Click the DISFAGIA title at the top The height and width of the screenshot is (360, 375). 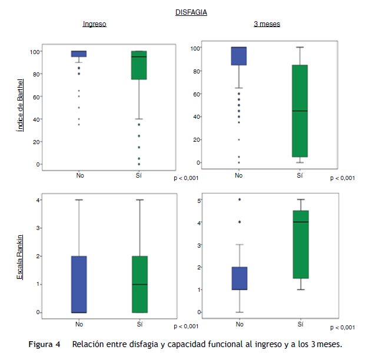click(x=191, y=12)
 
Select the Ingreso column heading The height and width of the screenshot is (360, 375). click(x=94, y=24)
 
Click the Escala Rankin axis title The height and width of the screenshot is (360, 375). click(x=20, y=256)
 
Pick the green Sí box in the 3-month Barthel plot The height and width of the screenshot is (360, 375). click(x=300, y=111)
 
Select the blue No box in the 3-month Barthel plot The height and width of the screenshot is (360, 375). click(x=238, y=56)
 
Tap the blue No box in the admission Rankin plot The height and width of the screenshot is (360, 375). click(x=79, y=284)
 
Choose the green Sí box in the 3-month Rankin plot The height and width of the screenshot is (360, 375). click(x=300, y=244)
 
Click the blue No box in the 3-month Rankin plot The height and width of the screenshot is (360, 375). click(x=238, y=278)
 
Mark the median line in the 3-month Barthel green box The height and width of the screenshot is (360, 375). click(x=300, y=111)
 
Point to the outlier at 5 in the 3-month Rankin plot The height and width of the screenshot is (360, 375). click(x=239, y=199)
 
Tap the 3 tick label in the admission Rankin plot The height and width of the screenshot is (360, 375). click(x=38, y=228)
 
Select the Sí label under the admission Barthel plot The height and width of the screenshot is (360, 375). click(x=139, y=175)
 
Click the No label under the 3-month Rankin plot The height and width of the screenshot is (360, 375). click(x=238, y=324)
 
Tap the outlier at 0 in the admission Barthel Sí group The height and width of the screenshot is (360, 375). click(x=139, y=164)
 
